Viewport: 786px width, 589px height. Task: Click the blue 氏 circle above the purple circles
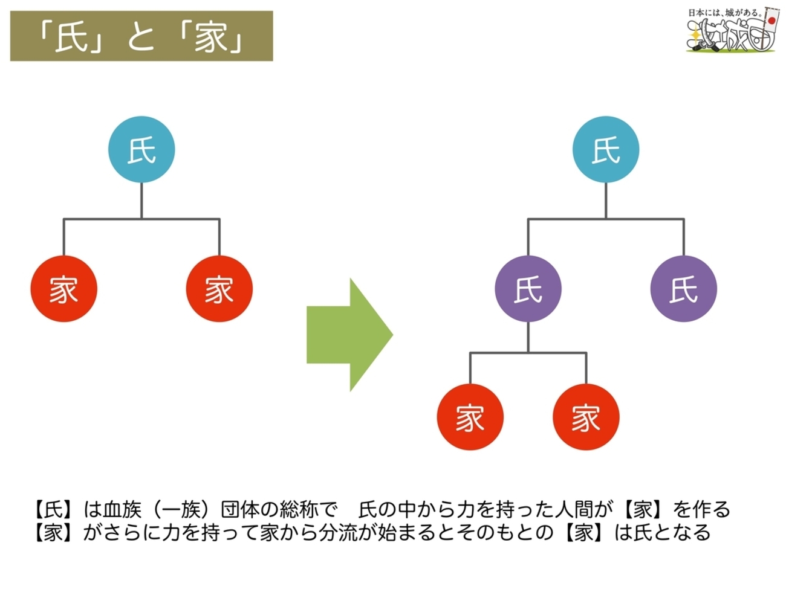pyautogui.click(x=605, y=149)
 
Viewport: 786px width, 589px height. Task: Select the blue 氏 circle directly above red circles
pyautogui.click(x=141, y=149)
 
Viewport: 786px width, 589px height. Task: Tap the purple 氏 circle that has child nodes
pyautogui.click(x=528, y=289)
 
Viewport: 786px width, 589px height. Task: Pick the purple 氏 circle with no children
pyautogui.click(x=683, y=289)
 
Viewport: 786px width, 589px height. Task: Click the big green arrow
pyautogui.click(x=349, y=335)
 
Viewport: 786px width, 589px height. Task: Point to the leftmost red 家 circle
pyautogui.click(x=63, y=289)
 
